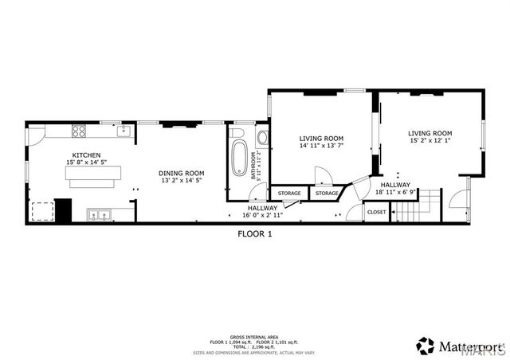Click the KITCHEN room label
[86, 155]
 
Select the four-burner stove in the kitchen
[80, 131]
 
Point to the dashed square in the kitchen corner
[40, 210]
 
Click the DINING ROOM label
[182, 173]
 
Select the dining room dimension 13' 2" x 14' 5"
[182, 181]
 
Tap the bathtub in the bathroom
[239, 158]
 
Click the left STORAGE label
[289, 194]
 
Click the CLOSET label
[377, 212]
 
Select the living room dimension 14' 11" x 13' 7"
[321, 146]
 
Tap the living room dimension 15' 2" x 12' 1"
[430, 141]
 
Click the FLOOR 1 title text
[255, 234]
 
